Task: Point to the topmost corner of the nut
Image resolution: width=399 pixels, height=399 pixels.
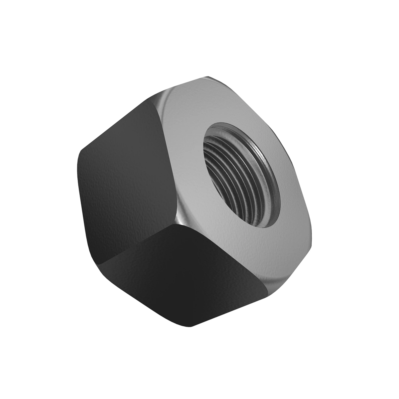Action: pos(208,77)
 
